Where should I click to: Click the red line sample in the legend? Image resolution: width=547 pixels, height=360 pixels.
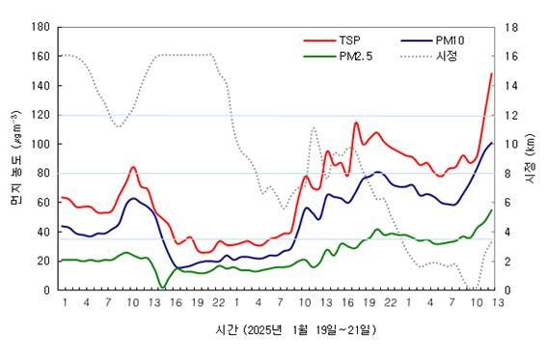(x=315, y=42)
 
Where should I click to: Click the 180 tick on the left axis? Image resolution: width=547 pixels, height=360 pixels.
(x=40, y=27)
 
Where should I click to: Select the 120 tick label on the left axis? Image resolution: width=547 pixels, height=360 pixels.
(x=40, y=115)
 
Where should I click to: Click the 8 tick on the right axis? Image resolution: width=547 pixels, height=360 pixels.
(x=510, y=174)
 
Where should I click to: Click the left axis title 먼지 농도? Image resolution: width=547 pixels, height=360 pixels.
(x=14, y=159)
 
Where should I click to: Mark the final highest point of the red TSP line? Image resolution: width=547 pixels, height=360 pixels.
(x=491, y=73)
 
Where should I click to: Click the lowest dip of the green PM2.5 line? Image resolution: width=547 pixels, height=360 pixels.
(x=161, y=287)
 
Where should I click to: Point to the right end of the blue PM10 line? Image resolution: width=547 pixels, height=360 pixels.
(x=491, y=143)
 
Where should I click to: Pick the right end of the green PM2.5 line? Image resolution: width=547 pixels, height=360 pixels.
(x=491, y=210)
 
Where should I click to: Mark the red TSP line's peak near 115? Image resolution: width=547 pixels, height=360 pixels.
(x=356, y=123)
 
